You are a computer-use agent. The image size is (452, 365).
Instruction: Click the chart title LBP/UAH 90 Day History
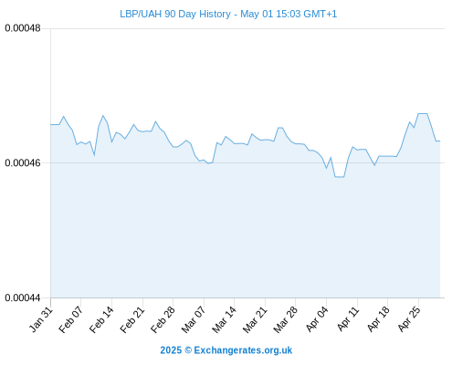175,14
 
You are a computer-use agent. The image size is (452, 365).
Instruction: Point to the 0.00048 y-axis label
23,28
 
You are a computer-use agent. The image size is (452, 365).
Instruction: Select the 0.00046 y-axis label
23,163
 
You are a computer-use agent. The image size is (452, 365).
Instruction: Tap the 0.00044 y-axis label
23,297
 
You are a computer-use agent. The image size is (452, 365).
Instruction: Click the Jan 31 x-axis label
41,319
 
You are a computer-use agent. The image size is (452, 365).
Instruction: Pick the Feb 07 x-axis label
71,319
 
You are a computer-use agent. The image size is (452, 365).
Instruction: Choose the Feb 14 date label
102,319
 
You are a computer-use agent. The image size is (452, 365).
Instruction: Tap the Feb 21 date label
132,319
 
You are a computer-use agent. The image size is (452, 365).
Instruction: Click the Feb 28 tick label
163,319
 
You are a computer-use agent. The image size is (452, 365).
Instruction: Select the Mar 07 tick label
194,319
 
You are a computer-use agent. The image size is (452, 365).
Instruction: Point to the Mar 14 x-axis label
225,319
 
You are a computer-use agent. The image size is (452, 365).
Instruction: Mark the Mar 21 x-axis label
255,319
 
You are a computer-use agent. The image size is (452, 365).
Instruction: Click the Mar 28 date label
286,319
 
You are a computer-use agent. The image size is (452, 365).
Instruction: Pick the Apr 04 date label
317,319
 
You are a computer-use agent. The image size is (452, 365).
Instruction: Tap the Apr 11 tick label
348,319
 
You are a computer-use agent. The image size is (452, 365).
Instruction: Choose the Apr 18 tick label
378,319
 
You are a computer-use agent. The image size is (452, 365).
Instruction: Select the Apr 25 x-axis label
409,319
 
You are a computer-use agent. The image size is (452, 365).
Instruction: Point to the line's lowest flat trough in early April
340,177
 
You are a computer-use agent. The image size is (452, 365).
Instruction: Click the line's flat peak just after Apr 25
423,114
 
